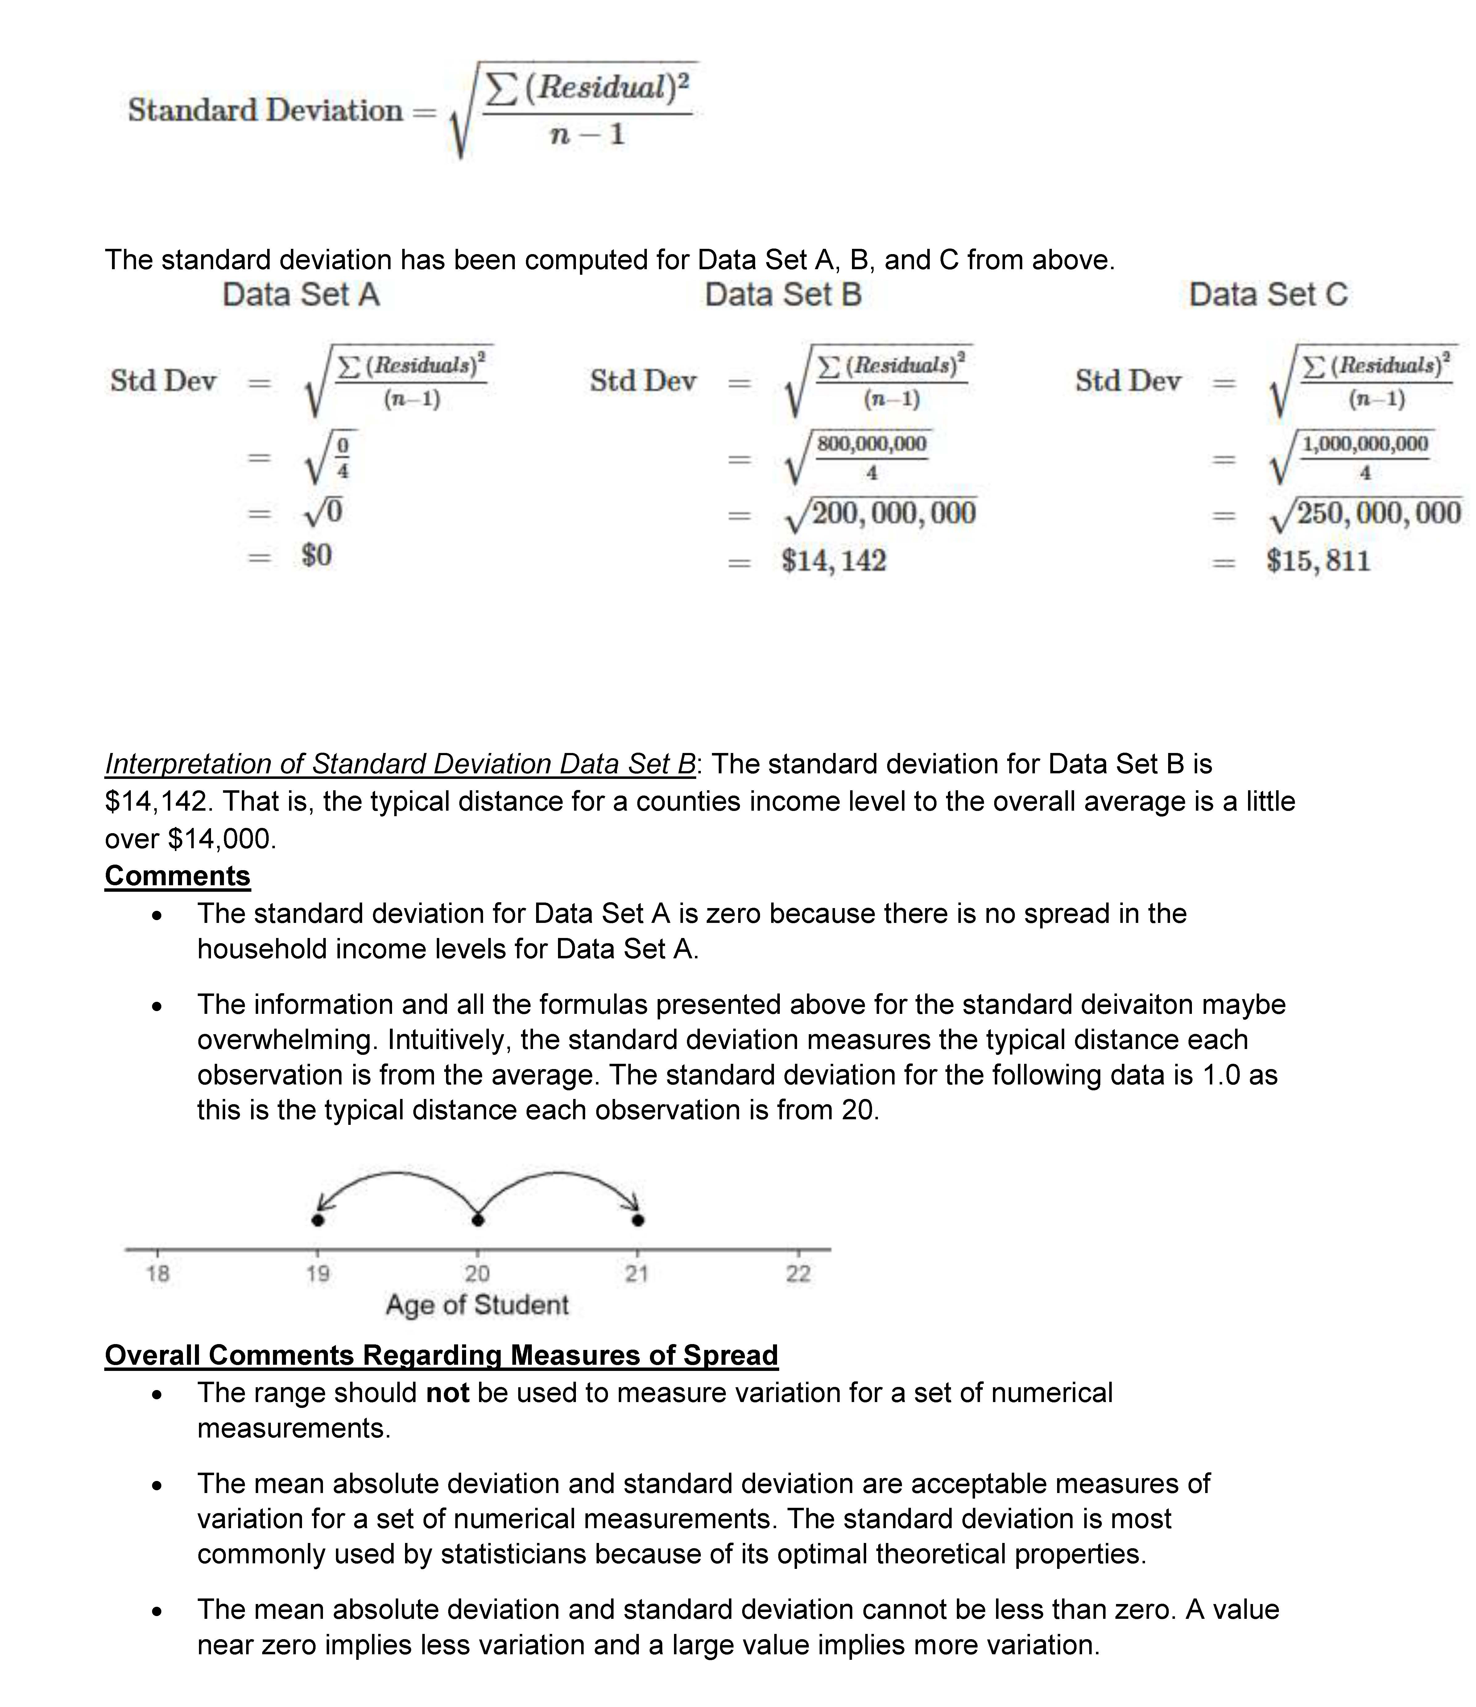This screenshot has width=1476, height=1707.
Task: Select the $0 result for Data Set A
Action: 316,555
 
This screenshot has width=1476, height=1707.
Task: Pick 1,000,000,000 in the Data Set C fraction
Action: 1365,444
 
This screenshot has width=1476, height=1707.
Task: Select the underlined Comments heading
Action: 177,876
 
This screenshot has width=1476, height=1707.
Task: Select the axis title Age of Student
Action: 477,1305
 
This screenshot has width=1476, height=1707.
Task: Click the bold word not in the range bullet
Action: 448,1393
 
